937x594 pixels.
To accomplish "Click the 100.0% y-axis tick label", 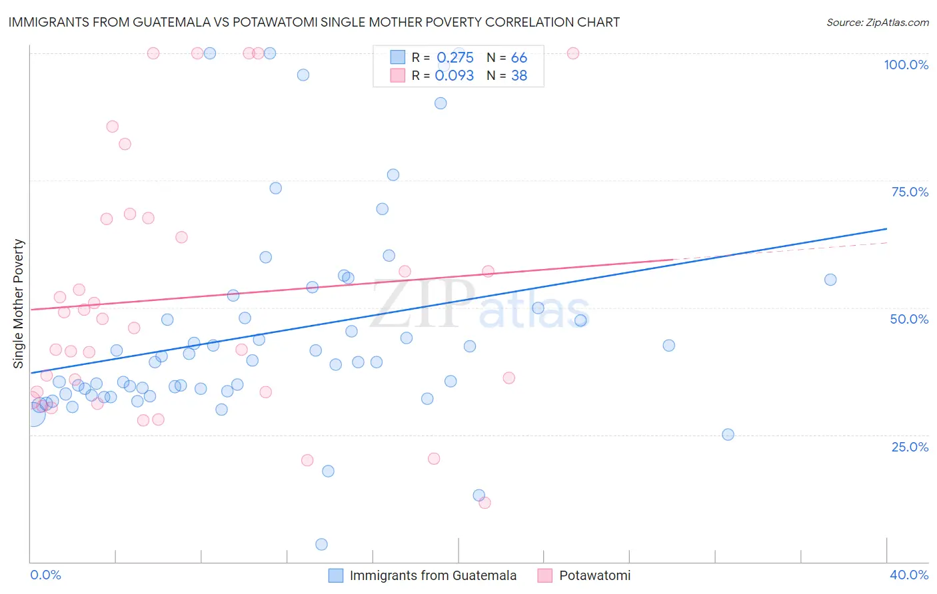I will pos(906,65).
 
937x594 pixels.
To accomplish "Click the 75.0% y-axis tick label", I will pos(910,192).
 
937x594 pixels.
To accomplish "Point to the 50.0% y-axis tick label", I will pos(909,319).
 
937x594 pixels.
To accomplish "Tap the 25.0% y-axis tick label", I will pos(910,447).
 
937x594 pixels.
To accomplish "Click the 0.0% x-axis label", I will pos(45,575).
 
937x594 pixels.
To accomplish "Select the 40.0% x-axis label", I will pos(908,575).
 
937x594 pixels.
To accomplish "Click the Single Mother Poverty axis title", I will pos(19,304).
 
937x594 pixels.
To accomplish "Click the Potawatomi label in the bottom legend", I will pos(594,575).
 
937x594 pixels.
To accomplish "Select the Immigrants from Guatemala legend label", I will pos(433,575).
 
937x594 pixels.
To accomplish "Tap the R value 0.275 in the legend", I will pos(455,58).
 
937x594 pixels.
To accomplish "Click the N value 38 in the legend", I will pos(519,76).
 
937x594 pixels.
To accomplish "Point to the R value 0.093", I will pos(455,76).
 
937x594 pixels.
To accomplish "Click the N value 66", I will pos(519,58).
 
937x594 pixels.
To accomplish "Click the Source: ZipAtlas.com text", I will pos(877,23).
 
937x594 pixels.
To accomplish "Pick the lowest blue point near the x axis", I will pos(321,545).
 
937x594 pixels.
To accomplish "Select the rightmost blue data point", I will pos(830,280).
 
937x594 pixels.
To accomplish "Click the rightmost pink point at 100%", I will pos(573,53).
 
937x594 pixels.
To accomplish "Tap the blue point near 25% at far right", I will pos(728,435).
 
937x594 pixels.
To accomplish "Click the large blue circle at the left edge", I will pos(31,414).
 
